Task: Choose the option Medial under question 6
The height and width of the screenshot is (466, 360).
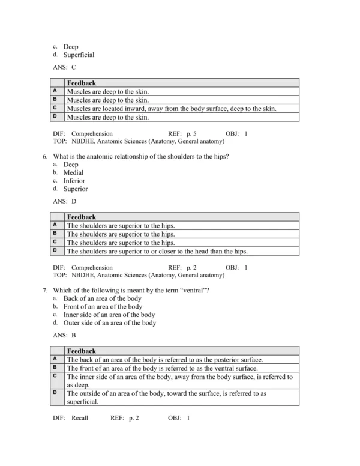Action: pyautogui.click(x=73, y=172)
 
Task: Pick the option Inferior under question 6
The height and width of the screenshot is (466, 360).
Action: pyautogui.click(x=74, y=181)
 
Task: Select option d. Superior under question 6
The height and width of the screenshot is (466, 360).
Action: pyautogui.click(x=75, y=189)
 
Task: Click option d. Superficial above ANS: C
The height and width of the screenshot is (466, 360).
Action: pyautogui.click(x=79, y=55)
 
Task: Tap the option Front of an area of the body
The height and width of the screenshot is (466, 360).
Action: pyautogui.click(x=102, y=306)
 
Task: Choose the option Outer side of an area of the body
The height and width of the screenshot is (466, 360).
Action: pyautogui.click(x=109, y=322)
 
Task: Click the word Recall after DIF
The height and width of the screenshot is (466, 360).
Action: pyautogui.click(x=80, y=418)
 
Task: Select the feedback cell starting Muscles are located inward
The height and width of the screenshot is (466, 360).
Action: pyautogui.click(x=172, y=109)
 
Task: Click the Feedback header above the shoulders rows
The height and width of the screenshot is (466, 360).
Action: pyautogui.click(x=81, y=217)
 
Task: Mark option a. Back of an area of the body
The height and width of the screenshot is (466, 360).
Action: pyautogui.click(x=102, y=298)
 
